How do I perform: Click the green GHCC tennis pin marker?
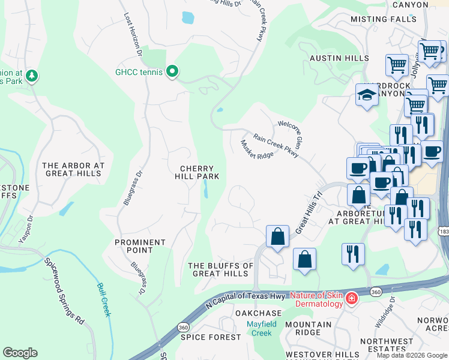click(x=172, y=72)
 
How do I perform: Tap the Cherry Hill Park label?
click(x=196, y=172)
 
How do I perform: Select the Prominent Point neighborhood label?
click(x=140, y=246)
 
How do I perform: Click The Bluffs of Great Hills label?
click(x=220, y=269)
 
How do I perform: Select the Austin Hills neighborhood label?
click(x=339, y=58)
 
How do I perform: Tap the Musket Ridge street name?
click(x=256, y=149)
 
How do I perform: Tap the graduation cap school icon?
click(x=367, y=95)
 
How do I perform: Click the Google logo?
click(x=20, y=353)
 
